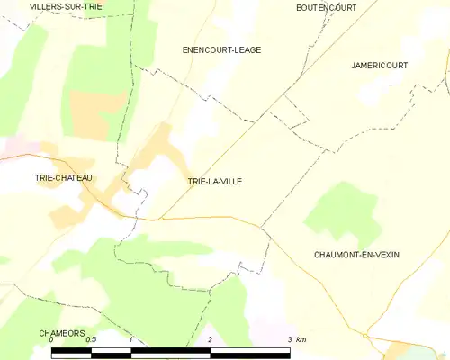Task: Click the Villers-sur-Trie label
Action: click(x=66, y=6)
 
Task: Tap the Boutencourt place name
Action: click(x=326, y=7)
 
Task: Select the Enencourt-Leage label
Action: click(x=221, y=50)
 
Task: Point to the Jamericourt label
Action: click(x=379, y=66)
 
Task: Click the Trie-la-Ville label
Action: click(x=214, y=182)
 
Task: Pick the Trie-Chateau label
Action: click(x=63, y=178)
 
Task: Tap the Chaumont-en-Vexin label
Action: click(x=356, y=255)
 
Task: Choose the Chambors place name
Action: click(x=61, y=332)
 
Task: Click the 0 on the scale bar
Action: click(x=51, y=340)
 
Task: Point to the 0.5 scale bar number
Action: click(x=90, y=340)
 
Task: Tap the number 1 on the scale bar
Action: click(x=131, y=340)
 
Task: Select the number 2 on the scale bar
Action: click(x=210, y=340)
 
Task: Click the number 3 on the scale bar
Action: click(x=289, y=340)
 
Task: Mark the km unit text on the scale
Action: click(x=301, y=340)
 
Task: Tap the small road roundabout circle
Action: click(x=365, y=336)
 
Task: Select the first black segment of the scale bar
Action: click(x=71, y=352)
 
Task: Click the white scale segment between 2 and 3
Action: click(x=249, y=352)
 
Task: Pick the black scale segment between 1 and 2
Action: click(x=171, y=352)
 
